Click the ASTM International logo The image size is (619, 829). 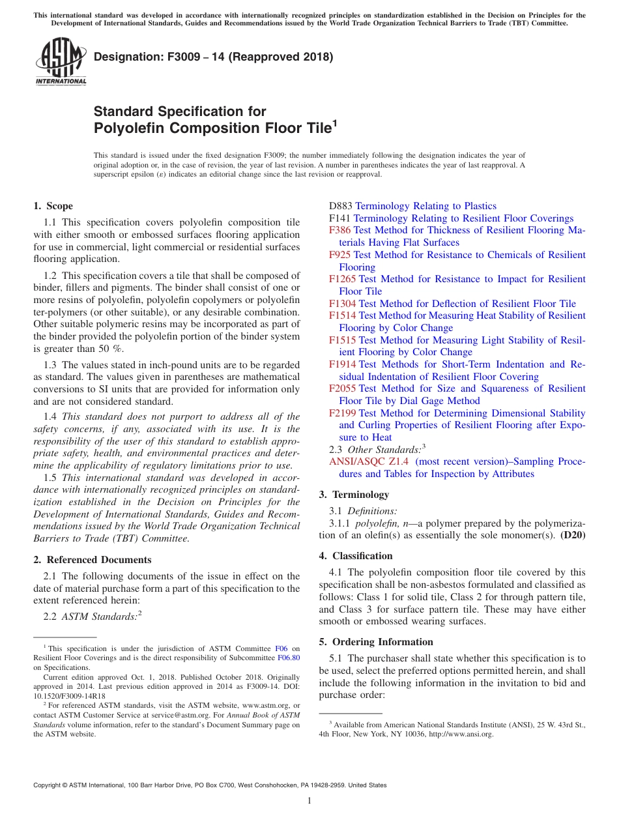coord(60,62)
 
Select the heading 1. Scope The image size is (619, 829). coord(53,206)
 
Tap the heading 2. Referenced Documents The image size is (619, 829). coord(92,560)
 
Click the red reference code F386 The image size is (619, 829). coord(339,230)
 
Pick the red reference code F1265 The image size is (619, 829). coord(342,279)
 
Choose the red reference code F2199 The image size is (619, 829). coord(342,413)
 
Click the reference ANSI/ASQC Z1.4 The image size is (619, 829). coord(369,461)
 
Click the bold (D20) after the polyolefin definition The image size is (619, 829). coord(573,535)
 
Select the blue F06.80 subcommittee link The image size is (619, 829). coord(291,658)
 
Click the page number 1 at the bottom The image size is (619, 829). coord(309,801)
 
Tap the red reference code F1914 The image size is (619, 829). coord(342,364)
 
